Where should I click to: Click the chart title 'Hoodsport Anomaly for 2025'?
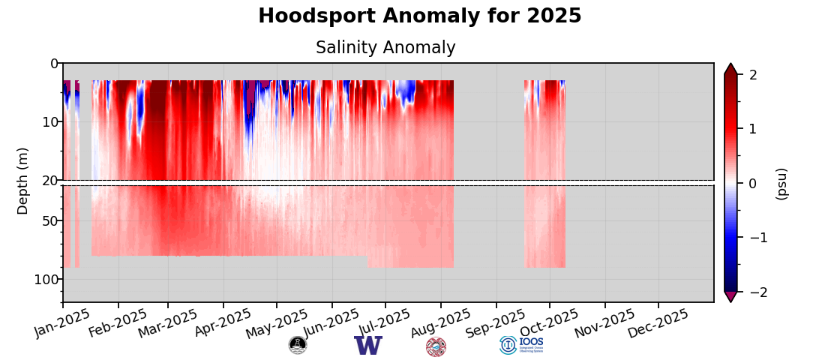pyautogui.click(x=419, y=16)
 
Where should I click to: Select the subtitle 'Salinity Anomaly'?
pyautogui.click(x=385, y=48)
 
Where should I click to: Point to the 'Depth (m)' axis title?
pyautogui.click(x=23, y=181)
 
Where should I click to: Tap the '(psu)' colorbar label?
pyautogui.click(x=781, y=183)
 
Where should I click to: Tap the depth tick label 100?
pyautogui.click(x=46, y=280)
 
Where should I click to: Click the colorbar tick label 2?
pyautogui.click(x=753, y=75)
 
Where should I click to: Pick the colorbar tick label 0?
pyautogui.click(x=753, y=184)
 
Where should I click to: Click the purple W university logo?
pyautogui.click(x=368, y=346)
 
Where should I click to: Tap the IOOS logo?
pyautogui.click(x=521, y=345)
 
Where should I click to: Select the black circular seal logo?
pyautogui.click(x=298, y=345)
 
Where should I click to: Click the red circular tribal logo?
pyautogui.click(x=436, y=346)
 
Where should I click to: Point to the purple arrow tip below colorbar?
pyautogui.click(x=730, y=298)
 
